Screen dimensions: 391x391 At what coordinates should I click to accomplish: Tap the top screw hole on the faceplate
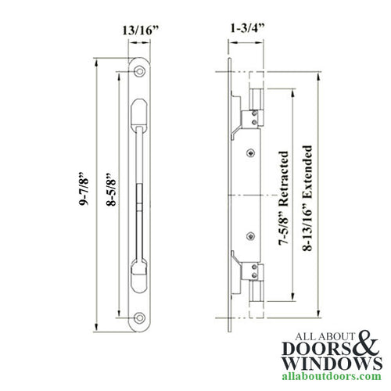coord(139,72)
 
